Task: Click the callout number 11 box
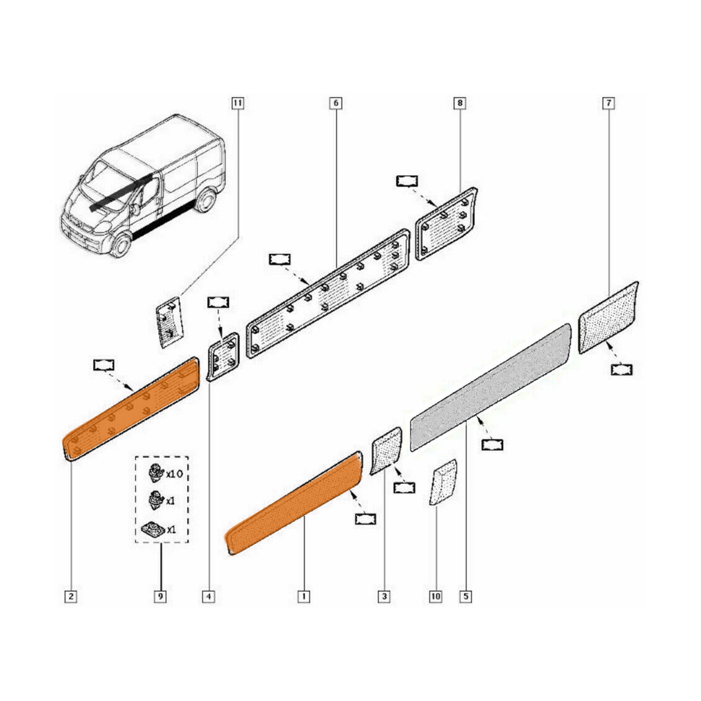click(237, 103)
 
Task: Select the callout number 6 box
click(336, 103)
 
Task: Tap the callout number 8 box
click(460, 103)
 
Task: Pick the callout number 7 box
click(609, 103)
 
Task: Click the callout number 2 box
click(71, 596)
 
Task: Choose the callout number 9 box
click(161, 596)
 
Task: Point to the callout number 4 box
click(209, 596)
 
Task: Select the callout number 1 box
click(304, 596)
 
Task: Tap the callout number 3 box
click(384, 596)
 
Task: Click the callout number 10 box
click(436, 596)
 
